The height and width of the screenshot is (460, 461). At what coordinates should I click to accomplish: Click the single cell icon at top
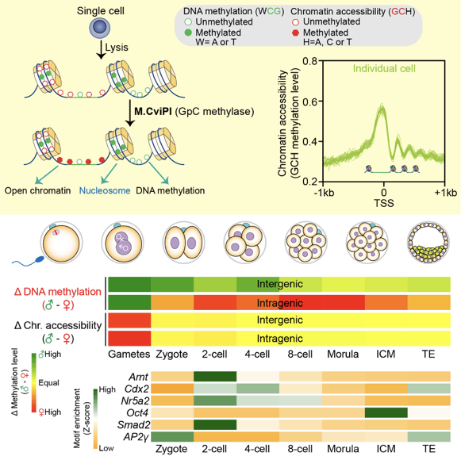coord(100,28)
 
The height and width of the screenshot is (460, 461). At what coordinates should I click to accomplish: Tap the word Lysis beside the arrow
coord(117,48)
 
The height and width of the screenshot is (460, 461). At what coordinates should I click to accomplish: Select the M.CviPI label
coord(153,112)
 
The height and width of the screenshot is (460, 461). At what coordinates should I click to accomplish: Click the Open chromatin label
coord(37,191)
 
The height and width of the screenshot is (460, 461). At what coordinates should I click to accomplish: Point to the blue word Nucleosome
coord(105,191)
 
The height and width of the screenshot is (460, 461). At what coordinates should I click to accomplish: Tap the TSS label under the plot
coord(384,203)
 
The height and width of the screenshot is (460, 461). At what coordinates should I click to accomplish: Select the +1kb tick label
coord(446,193)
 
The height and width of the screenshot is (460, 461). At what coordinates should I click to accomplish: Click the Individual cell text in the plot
coord(384,69)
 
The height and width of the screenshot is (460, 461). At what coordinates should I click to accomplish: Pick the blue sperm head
coord(40,259)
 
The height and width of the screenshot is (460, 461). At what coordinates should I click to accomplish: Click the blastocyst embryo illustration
coord(428,243)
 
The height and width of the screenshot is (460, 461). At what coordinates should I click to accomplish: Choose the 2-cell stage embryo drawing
coord(183,243)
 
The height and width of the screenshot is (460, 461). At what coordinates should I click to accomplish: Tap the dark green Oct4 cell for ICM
coord(386,412)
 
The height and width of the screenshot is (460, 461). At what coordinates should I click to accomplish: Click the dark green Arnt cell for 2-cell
coord(215,377)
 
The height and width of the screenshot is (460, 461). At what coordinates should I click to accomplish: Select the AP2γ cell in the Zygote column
coord(172,437)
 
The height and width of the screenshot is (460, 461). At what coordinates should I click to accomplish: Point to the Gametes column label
coord(129,355)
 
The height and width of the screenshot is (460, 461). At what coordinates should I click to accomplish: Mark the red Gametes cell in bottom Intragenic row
coord(129,339)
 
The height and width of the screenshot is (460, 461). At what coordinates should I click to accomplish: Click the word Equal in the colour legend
coord(49,383)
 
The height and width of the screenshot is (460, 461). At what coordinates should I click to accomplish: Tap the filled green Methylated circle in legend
coord(188,33)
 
